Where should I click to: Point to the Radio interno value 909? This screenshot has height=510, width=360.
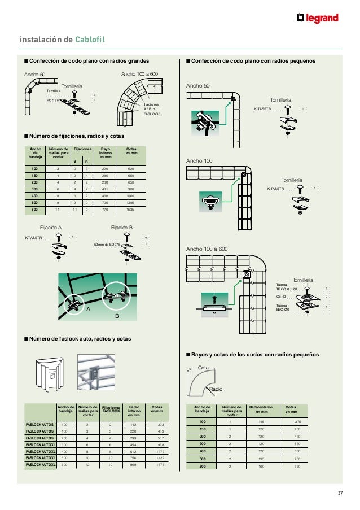point(133,464)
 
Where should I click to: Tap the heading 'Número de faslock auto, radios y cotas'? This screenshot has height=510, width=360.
point(81,339)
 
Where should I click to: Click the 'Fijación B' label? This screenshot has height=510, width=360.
point(121,227)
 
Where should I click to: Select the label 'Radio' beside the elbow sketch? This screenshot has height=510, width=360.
point(216,390)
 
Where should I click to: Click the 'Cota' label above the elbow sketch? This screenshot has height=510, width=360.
point(204,367)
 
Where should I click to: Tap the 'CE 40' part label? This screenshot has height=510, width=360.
point(281,296)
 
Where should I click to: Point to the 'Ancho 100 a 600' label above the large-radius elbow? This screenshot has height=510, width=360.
point(140,73)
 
